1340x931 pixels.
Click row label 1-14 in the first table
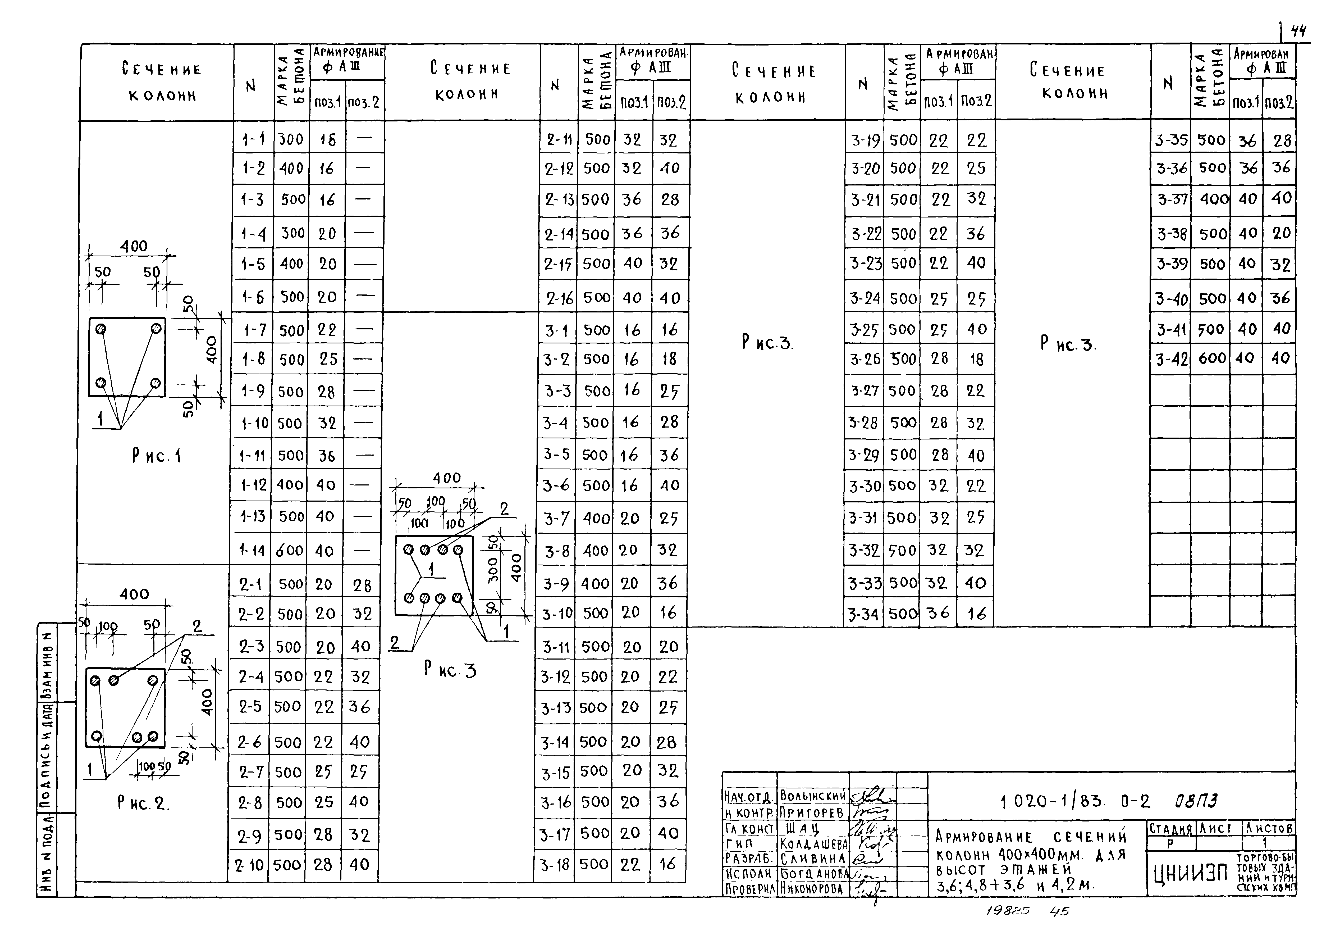pyautogui.click(x=253, y=550)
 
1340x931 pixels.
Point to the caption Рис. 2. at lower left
pyautogui.click(x=143, y=803)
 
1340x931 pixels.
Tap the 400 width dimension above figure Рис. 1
pyautogui.click(x=134, y=246)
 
